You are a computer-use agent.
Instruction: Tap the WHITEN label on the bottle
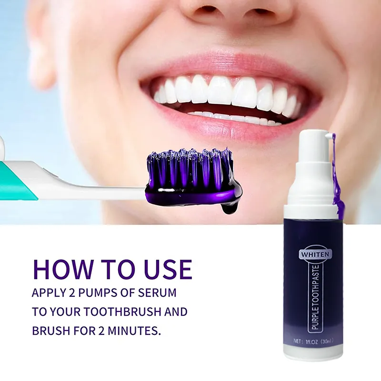[314, 254]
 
